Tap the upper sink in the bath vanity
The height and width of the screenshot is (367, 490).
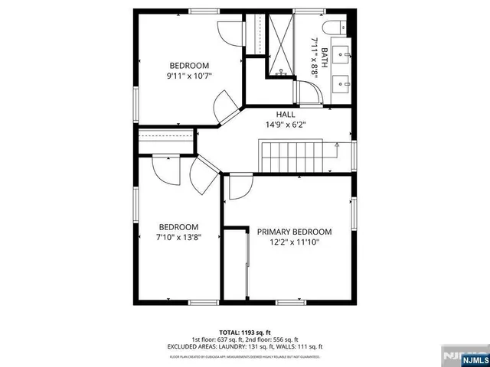click(342, 54)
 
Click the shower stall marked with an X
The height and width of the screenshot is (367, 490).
click(281, 43)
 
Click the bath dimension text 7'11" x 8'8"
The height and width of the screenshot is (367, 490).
click(314, 54)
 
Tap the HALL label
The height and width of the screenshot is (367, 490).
click(286, 114)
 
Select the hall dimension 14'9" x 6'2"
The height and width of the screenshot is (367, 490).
click(286, 125)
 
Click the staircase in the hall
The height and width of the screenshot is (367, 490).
click(298, 155)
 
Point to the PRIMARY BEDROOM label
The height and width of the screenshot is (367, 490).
click(294, 232)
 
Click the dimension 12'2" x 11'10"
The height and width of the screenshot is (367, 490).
click(294, 242)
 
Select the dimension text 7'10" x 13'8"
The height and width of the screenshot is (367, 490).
click(178, 237)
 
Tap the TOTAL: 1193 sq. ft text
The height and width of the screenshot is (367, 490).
click(245, 332)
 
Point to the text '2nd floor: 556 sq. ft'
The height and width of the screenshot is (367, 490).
click(272, 339)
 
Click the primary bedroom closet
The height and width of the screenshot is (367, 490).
click(236, 264)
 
